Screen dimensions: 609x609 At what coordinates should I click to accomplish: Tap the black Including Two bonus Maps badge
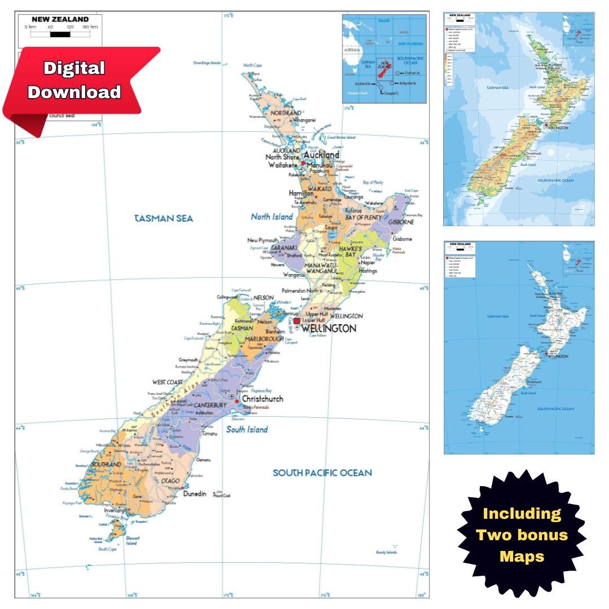click(522, 534)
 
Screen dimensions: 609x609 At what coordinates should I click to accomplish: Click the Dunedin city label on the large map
click(195, 493)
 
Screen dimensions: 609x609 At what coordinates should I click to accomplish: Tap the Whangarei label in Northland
click(303, 120)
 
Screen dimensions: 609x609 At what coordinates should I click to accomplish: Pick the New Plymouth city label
click(263, 240)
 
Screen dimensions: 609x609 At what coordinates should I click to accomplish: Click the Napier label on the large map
click(368, 262)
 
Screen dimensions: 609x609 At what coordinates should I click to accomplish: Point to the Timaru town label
click(210, 433)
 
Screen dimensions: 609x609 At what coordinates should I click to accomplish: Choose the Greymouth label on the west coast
click(188, 360)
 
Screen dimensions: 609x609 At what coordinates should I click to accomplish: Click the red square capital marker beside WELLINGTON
click(297, 321)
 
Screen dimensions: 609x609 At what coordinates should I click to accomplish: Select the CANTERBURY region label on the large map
click(211, 405)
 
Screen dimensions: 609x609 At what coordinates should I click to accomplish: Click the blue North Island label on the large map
click(272, 217)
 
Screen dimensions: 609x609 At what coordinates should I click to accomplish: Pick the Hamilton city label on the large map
click(301, 193)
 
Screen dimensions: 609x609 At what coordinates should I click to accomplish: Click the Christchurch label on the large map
click(262, 399)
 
